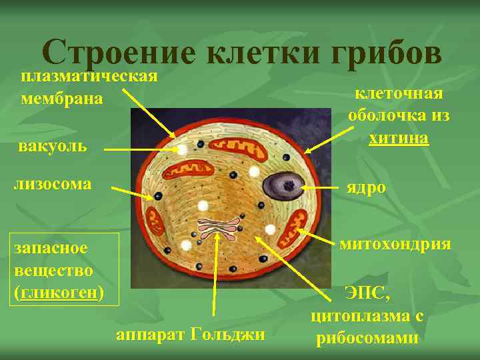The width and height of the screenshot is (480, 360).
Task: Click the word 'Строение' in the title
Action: [x=119, y=52]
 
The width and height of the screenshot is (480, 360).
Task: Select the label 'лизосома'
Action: [x=53, y=183]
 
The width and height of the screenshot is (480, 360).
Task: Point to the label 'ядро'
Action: [x=366, y=187]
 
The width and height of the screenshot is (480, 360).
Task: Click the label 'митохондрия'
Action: [x=395, y=244]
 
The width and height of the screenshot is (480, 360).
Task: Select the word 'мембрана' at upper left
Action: [x=61, y=99]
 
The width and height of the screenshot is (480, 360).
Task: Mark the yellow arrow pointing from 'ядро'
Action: [x=323, y=188]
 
